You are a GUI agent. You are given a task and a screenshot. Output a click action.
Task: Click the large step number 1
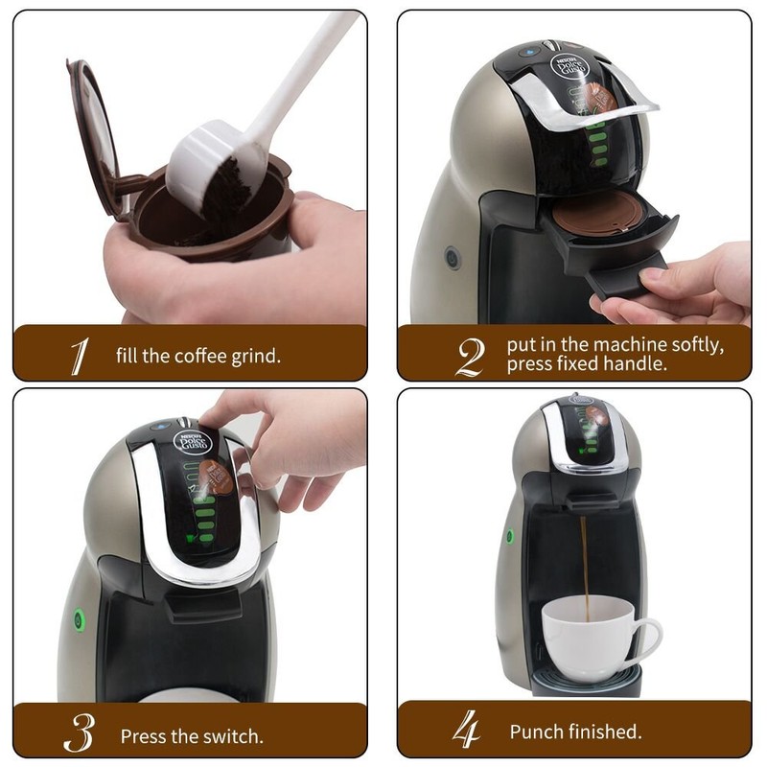click(x=79, y=356)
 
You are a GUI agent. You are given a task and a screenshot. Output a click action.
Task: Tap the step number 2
click(x=469, y=356)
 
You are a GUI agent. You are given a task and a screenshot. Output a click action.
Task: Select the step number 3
click(x=79, y=733)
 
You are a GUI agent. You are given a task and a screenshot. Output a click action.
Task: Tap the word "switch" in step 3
click(x=232, y=737)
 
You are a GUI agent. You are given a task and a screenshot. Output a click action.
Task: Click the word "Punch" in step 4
click(x=537, y=732)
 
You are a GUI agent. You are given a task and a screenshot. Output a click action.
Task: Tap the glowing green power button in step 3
click(x=78, y=618)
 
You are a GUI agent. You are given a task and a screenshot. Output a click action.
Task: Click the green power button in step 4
click(x=509, y=535)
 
